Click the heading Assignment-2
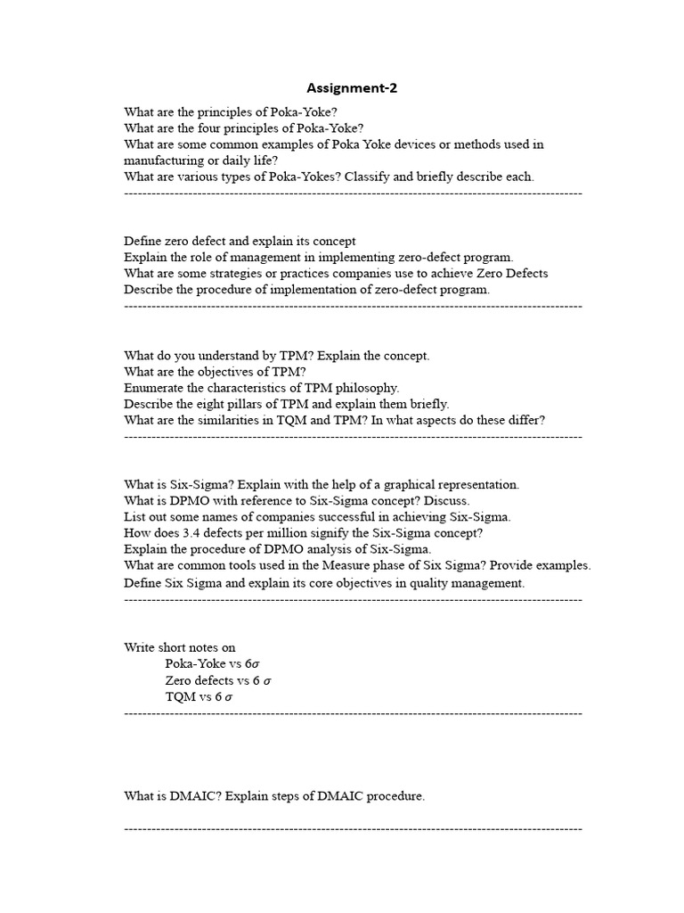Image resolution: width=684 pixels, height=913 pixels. (x=347, y=87)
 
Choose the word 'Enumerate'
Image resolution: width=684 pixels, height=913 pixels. (x=154, y=387)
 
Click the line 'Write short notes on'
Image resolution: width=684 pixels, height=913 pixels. (x=180, y=647)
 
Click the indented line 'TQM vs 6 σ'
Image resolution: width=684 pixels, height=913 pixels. (x=199, y=696)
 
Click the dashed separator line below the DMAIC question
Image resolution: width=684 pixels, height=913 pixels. (x=353, y=828)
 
